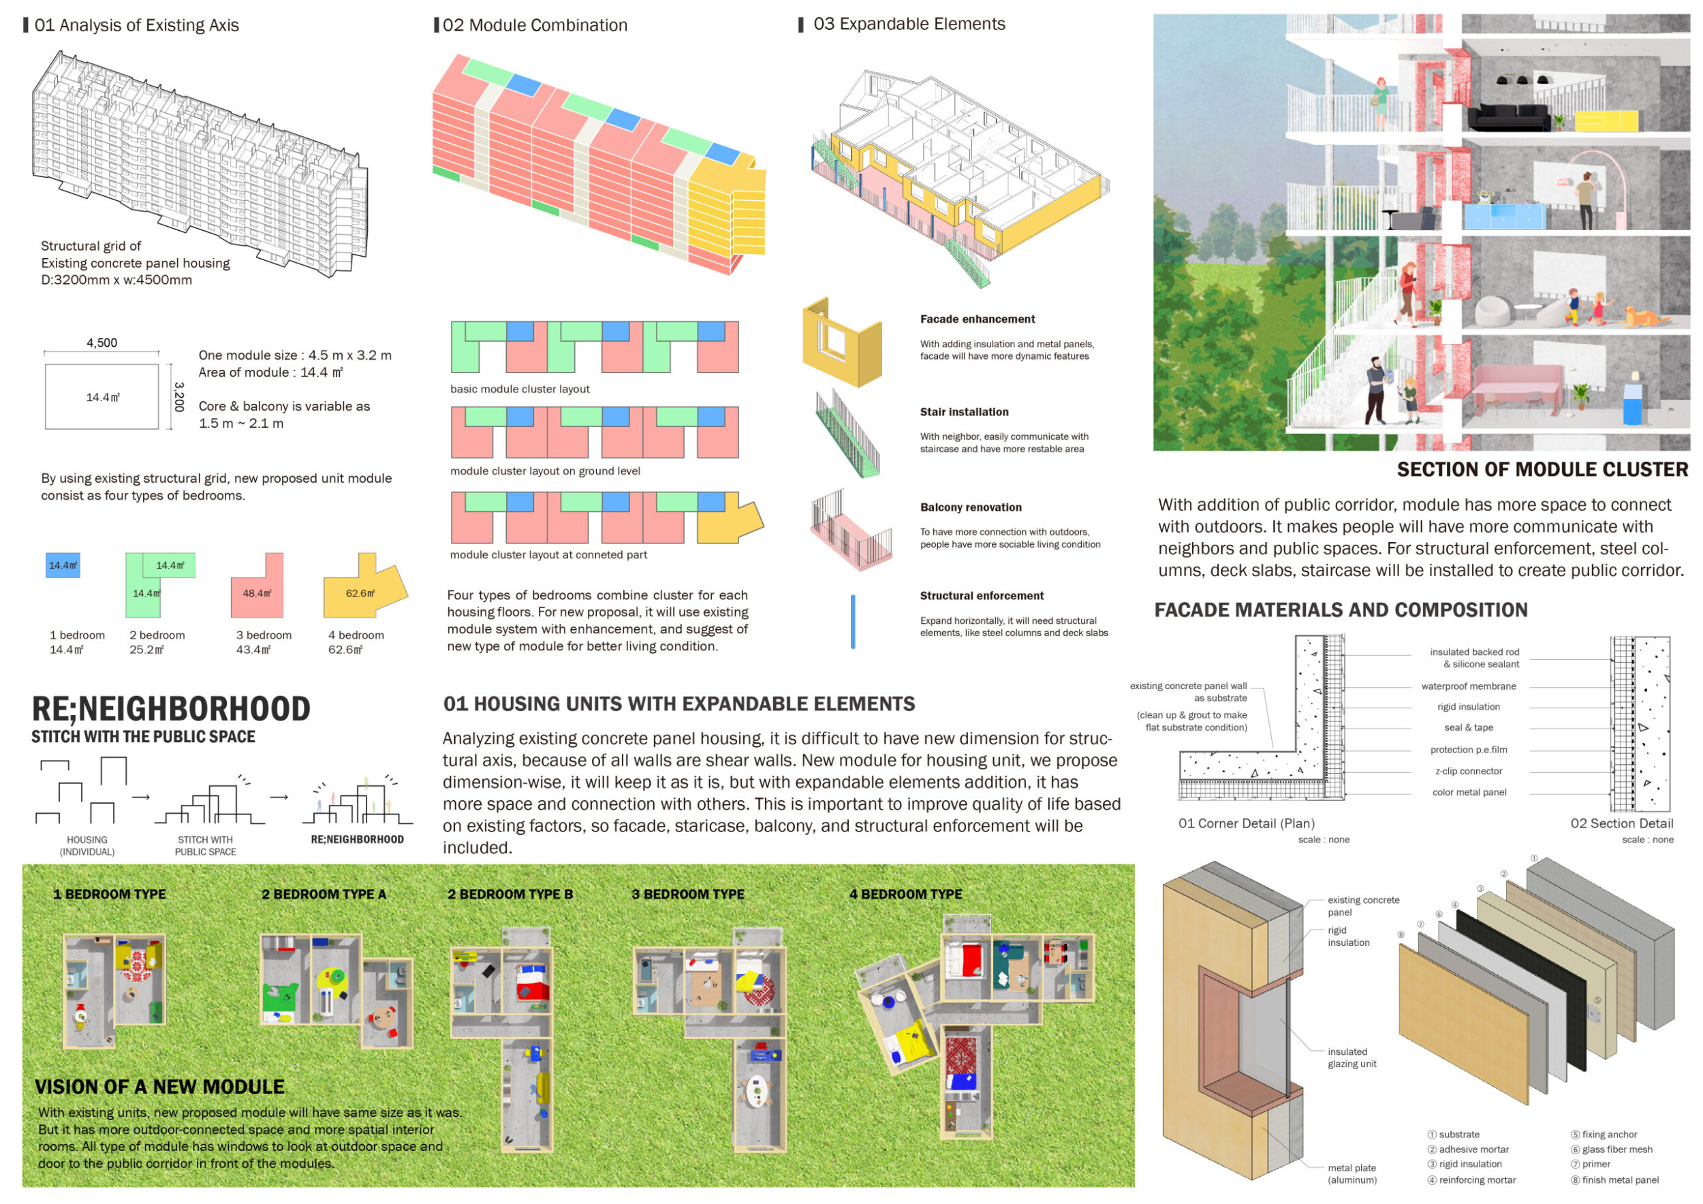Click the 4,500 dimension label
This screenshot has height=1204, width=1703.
(x=101, y=343)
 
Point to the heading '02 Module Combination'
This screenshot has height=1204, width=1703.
(x=534, y=25)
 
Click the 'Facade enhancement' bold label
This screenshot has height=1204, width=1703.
(x=977, y=319)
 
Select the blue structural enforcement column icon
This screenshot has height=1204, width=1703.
(x=852, y=621)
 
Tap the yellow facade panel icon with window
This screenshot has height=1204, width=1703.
(x=842, y=343)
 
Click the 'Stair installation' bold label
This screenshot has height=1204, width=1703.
(x=963, y=411)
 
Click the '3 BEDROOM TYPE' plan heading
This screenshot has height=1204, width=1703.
(x=687, y=894)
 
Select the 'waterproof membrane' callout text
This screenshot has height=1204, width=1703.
(x=1468, y=686)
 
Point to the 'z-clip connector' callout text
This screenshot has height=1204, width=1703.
(x=1468, y=771)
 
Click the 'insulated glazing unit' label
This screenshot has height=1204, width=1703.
(x=1352, y=1057)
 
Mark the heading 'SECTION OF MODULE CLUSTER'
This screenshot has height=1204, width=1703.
(x=1542, y=469)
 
